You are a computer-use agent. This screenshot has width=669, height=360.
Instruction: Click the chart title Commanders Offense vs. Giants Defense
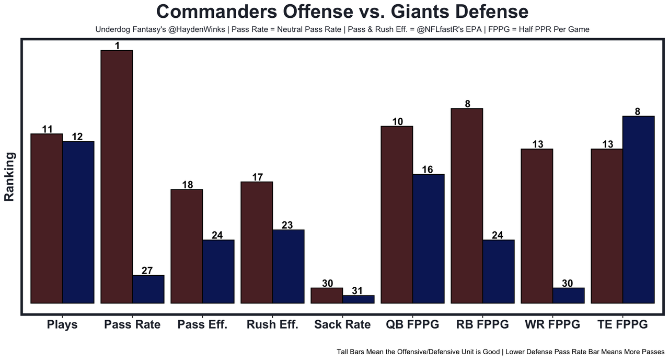[x=342, y=12]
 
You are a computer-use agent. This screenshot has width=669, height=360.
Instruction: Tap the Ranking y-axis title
[x=9, y=177]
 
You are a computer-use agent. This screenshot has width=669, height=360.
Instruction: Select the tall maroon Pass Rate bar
[x=117, y=177]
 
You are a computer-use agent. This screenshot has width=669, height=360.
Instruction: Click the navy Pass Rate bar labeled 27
[x=148, y=289]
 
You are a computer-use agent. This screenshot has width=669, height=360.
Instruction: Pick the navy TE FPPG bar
[x=638, y=209]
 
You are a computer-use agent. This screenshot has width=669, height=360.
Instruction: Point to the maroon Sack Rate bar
[x=327, y=296]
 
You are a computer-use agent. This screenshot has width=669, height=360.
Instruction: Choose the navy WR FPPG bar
[x=568, y=296]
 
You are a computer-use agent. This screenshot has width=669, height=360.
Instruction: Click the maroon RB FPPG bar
[x=467, y=206]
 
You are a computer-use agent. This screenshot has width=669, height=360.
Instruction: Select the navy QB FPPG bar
[x=428, y=239]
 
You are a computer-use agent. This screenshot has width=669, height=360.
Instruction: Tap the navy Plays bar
[x=78, y=222]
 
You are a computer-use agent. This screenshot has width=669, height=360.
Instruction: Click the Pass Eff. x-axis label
[x=202, y=324]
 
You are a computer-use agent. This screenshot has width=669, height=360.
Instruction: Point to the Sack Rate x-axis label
[x=342, y=324]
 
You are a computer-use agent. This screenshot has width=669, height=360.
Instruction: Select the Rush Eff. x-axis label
[x=272, y=324]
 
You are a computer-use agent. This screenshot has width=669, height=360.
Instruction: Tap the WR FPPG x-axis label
[x=552, y=324]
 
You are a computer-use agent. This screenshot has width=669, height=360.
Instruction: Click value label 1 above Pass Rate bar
[x=117, y=46]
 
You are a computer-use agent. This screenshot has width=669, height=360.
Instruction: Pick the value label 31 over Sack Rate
[x=358, y=291]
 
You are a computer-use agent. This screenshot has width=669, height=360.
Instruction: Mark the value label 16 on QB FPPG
[x=428, y=170]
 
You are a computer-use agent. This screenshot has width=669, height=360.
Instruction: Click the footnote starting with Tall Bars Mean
[x=500, y=352]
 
